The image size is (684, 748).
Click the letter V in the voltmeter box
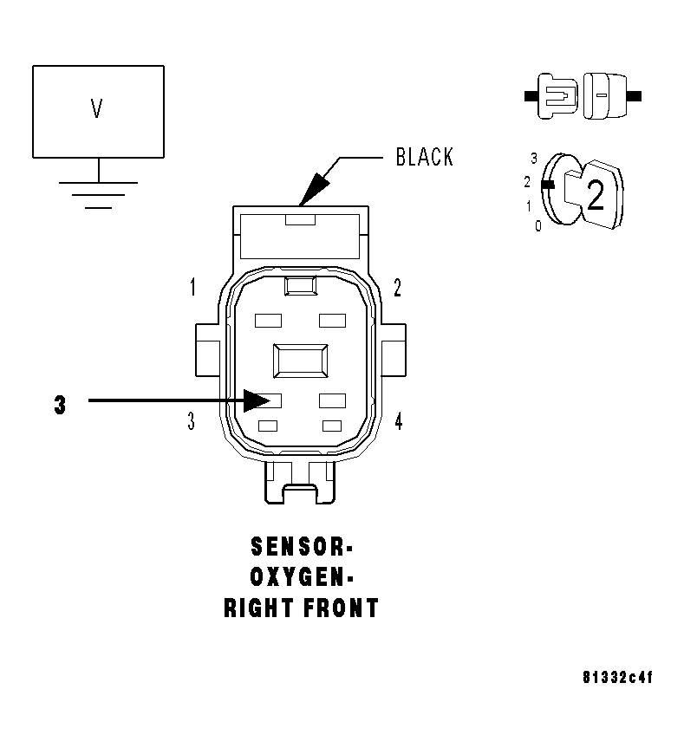[97, 108]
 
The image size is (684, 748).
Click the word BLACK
[424, 157]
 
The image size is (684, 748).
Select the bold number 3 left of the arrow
[59, 405]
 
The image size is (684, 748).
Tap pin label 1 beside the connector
[192, 288]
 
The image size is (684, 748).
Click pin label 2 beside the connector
[397, 288]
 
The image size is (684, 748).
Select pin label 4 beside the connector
[398, 422]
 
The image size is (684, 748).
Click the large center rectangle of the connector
[300, 360]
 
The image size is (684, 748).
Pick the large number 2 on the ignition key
[595, 197]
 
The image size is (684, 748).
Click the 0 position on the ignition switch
[537, 226]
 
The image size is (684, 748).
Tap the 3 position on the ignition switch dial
[534, 159]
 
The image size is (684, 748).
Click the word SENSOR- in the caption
[301, 548]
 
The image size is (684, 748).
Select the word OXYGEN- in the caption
[301, 578]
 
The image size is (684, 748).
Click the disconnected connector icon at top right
[582, 94]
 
